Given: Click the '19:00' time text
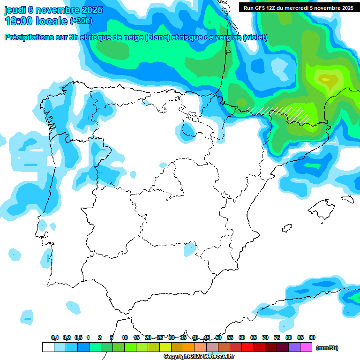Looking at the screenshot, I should pos(19,21).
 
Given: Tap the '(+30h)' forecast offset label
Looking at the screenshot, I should pos(81,21).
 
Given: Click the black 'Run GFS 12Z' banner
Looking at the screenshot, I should pos(298,7).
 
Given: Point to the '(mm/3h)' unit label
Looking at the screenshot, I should pos(327,348).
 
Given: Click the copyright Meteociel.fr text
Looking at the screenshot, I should pos(199,356).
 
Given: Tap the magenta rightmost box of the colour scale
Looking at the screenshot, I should pos(307,347).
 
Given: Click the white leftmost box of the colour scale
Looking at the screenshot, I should pos(48,347).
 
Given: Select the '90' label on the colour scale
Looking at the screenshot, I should pos(312,337).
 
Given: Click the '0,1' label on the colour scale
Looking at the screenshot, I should pos(55,337).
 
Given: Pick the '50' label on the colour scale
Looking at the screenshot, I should pos(218,337).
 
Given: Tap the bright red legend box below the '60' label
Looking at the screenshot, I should pos(247,347).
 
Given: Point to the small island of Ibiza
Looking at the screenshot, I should pos(286,228).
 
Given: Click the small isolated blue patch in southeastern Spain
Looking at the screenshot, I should pos(189,249).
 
